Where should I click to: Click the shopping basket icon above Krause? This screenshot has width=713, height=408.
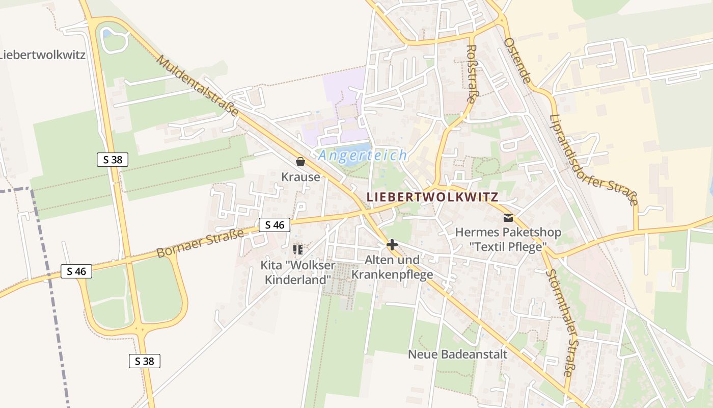[x=300, y=162]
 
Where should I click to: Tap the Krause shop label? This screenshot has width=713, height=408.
[x=301, y=177]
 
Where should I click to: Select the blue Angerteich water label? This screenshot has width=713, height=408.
[x=363, y=156]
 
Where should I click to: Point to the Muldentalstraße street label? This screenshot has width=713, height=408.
[x=198, y=85]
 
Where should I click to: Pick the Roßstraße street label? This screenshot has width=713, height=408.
[x=471, y=73]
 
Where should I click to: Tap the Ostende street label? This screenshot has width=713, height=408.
[x=518, y=61]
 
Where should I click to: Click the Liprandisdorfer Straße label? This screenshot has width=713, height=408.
[x=594, y=159]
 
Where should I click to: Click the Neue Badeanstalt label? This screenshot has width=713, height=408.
[x=457, y=354]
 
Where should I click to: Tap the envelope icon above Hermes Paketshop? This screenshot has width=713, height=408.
[x=508, y=218]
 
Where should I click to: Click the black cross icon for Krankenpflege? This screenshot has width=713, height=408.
[x=392, y=245]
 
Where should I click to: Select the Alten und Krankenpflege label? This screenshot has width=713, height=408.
[x=392, y=267]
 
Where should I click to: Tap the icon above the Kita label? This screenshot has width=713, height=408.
[x=298, y=250]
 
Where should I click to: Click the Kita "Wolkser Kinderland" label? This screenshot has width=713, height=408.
[x=298, y=272]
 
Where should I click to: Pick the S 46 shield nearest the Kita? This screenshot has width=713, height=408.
[x=275, y=224]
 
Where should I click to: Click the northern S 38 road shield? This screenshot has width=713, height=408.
[x=113, y=160]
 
